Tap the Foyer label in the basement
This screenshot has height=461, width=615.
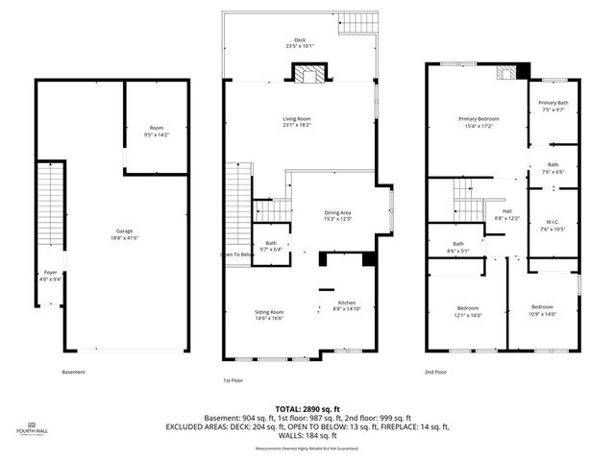[49, 275]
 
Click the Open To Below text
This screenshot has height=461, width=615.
[237, 255]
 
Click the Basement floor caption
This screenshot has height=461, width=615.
[73, 372]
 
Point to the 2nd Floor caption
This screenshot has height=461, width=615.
[435, 372]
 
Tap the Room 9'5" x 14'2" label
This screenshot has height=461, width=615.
[156, 131]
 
